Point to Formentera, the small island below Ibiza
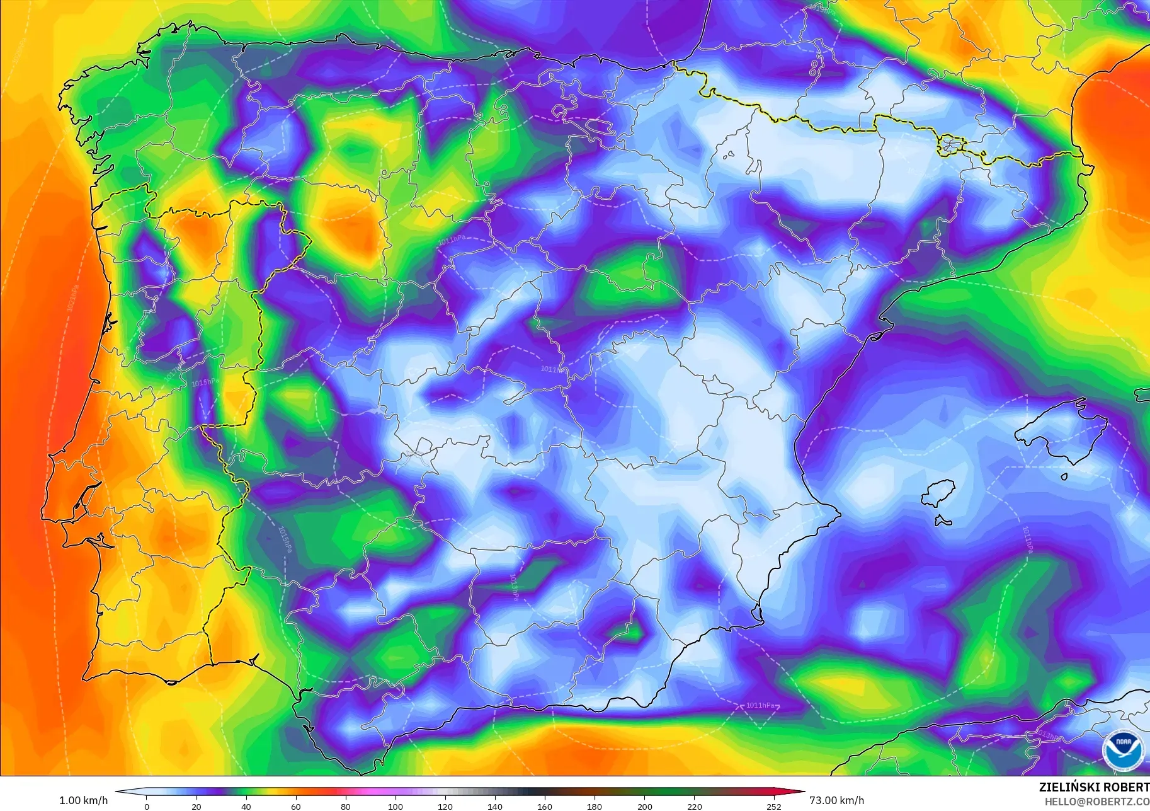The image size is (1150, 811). tap(942, 521)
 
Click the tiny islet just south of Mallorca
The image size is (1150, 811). tap(1064, 477)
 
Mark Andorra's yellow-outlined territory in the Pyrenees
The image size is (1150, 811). tap(950, 146)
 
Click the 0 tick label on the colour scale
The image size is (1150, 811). tap(147, 806)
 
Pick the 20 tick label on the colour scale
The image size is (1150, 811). tap(196, 806)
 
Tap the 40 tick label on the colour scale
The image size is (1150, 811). tap(246, 806)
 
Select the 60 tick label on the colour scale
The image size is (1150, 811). tap(296, 806)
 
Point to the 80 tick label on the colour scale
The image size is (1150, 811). tap(346, 806)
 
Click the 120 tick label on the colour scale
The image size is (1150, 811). tap(445, 806)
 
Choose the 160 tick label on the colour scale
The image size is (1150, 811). tap(545, 806)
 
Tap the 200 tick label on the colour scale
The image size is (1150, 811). tap(645, 806)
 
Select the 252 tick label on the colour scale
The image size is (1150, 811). tap(774, 806)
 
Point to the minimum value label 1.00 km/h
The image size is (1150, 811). tap(83, 800)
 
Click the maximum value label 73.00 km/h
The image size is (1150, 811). tap(836, 800)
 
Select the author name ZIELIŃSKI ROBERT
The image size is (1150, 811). tap(1094, 787)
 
